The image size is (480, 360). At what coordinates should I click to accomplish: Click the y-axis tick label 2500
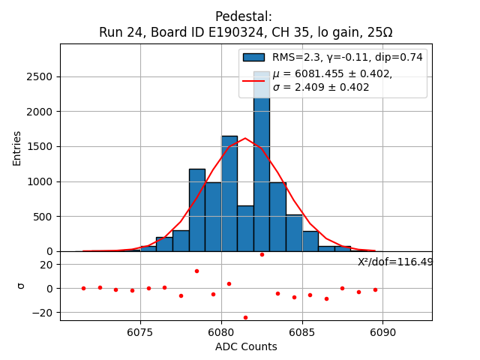(39, 76)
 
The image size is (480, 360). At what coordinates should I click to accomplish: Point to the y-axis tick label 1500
(39, 146)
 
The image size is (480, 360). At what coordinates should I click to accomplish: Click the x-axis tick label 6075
(140, 332)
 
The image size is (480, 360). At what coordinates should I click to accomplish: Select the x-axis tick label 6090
(382, 332)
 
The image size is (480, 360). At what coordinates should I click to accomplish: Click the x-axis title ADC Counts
(246, 346)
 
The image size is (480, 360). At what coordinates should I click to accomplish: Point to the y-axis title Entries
(17, 148)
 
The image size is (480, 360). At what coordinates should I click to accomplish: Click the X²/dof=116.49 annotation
(395, 262)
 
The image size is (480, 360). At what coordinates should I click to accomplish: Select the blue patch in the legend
(253, 57)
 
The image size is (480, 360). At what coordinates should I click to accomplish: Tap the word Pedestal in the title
(244, 16)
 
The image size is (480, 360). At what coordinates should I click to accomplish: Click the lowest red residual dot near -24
(245, 317)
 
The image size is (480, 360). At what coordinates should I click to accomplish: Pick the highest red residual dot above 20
(262, 254)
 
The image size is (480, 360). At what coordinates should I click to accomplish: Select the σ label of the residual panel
(22, 286)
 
